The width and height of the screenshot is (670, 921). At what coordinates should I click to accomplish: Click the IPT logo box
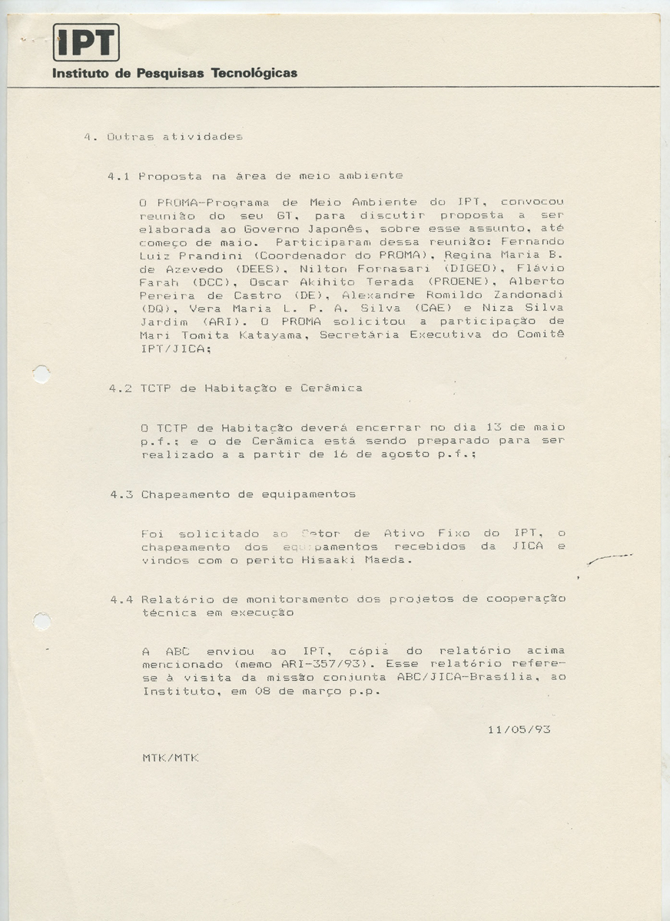86,42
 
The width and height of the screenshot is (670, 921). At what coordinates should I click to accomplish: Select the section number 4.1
118,176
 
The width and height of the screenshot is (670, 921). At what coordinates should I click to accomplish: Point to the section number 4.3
121,494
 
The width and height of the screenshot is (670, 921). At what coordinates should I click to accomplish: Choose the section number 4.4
121,599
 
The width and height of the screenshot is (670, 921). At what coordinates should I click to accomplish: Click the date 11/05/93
519,729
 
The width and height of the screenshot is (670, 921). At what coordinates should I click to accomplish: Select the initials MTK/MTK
171,758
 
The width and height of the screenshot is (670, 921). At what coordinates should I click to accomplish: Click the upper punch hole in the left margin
41,375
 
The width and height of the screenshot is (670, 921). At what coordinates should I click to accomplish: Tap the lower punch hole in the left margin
42,621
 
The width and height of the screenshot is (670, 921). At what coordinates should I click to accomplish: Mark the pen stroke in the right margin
609,560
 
